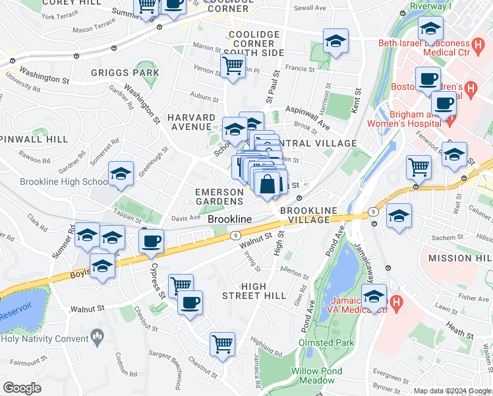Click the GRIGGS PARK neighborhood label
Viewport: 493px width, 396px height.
click(x=125, y=73)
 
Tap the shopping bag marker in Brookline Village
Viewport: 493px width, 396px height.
click(x=268, y=185)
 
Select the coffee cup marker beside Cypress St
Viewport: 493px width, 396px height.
click(x=152, y=242)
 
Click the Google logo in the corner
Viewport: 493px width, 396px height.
click(x=22, y=388)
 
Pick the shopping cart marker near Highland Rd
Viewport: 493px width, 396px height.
click(x=223, y=345)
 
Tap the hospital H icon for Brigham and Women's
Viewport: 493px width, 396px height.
click(x=451, y=121)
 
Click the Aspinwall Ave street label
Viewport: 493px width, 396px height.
click(x=306, y=115)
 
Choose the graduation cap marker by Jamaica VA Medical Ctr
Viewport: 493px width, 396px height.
click(x=374, y=297)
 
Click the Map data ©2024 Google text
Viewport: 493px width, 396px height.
click(x=451, y=391)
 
